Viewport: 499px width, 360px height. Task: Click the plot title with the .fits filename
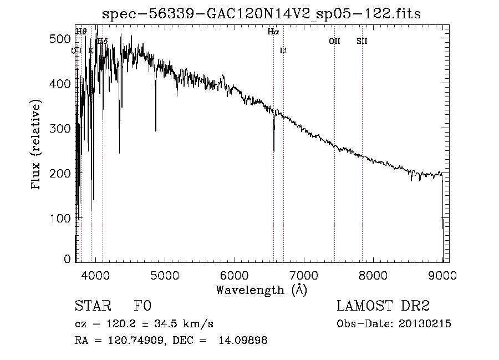[x=262, y=13]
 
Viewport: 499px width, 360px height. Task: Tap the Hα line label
[x=273, y=32]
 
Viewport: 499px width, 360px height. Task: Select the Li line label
[x=283, y=51]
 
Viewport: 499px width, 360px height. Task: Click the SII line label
[x=362, y=41]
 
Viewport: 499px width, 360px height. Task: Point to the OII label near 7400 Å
[x=334, y=41]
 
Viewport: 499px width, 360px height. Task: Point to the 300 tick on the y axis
[x=62, y=129]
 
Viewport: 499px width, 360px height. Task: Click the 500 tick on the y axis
[x=62, y=39]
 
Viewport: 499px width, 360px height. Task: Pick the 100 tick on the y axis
[x=62, y=219]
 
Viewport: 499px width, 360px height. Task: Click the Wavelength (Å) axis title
[x=261, y=290]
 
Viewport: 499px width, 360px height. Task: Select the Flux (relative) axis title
[x=37, y=145]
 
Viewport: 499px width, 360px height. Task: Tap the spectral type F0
[x=142, y=306]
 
